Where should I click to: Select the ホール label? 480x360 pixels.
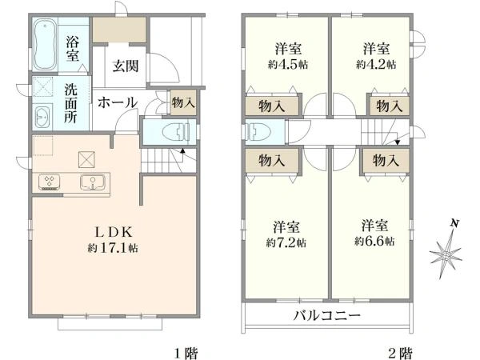118,102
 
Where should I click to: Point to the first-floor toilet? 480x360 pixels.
173,131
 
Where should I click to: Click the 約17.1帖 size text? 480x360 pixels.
114,248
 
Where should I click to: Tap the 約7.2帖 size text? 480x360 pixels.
286,240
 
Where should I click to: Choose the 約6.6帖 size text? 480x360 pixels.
374,240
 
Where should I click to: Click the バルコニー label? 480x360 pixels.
326,314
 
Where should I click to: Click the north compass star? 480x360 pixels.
446,254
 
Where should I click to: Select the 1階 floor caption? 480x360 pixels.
186,351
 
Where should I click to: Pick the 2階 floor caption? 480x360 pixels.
401,351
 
